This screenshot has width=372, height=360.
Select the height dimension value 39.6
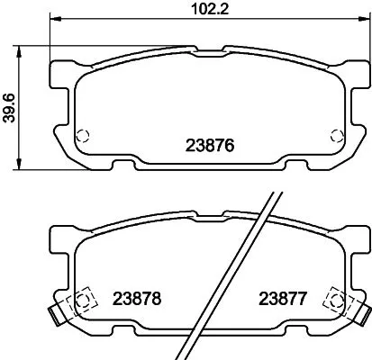click(x=10, y=104)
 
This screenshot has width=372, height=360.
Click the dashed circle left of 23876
click(x=82, y=137)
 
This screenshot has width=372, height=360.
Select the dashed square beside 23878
click(x=83, y=299)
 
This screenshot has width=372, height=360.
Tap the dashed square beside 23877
click(x=335, y=299)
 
